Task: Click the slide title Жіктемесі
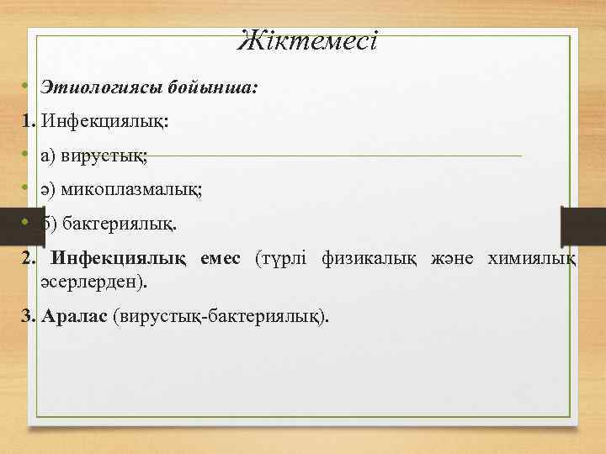point(307,40)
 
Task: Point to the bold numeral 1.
point(29,122)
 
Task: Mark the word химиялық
point(532,258)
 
